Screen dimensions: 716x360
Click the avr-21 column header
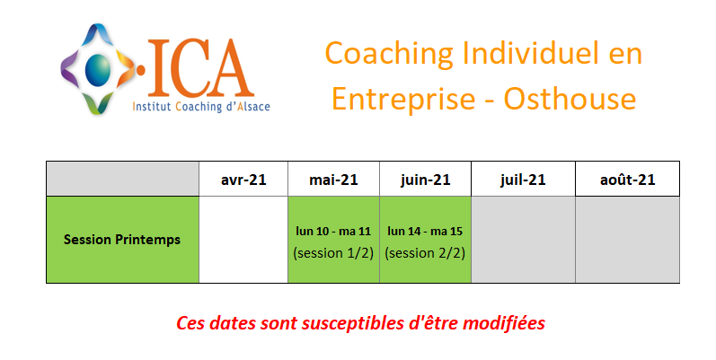pyautogui.click(x=243, y=180)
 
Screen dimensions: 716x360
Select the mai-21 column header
pyautogui.click(x=333, y=180)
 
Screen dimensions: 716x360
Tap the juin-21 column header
pyautogui.click(x=425, y=180)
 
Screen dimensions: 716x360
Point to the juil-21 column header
pyautogui.click(x=523, y=180)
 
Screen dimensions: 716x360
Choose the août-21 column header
pyautogui.click(x=627, y=180)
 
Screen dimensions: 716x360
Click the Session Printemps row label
pyautogui.click(x=122, y=240)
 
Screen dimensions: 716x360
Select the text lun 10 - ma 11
pyautogui.click(x=333, y=232)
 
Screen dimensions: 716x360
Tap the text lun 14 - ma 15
pyautogui.click(x=425, y=232)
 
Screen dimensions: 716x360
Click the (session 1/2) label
pyautogui.click(x=333, y=253)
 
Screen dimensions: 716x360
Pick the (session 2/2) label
pyautogui.click(x=425, y=253)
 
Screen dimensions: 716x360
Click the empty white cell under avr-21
pyautogui.click(x=243, y=240)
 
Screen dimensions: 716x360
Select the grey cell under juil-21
pyautogui.click(x=523, y=240)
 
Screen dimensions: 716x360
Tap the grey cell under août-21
pyautogui.click(x=627, y=240)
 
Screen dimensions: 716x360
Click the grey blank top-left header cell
pyautogui.click(x=122, y=179)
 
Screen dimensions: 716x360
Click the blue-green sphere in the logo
pyautogui.click(x=98, y=69)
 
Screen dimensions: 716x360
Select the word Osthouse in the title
pyautogui.click(x=570, y=99)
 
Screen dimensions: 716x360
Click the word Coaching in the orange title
pyautogui.click(x=389, y=55)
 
